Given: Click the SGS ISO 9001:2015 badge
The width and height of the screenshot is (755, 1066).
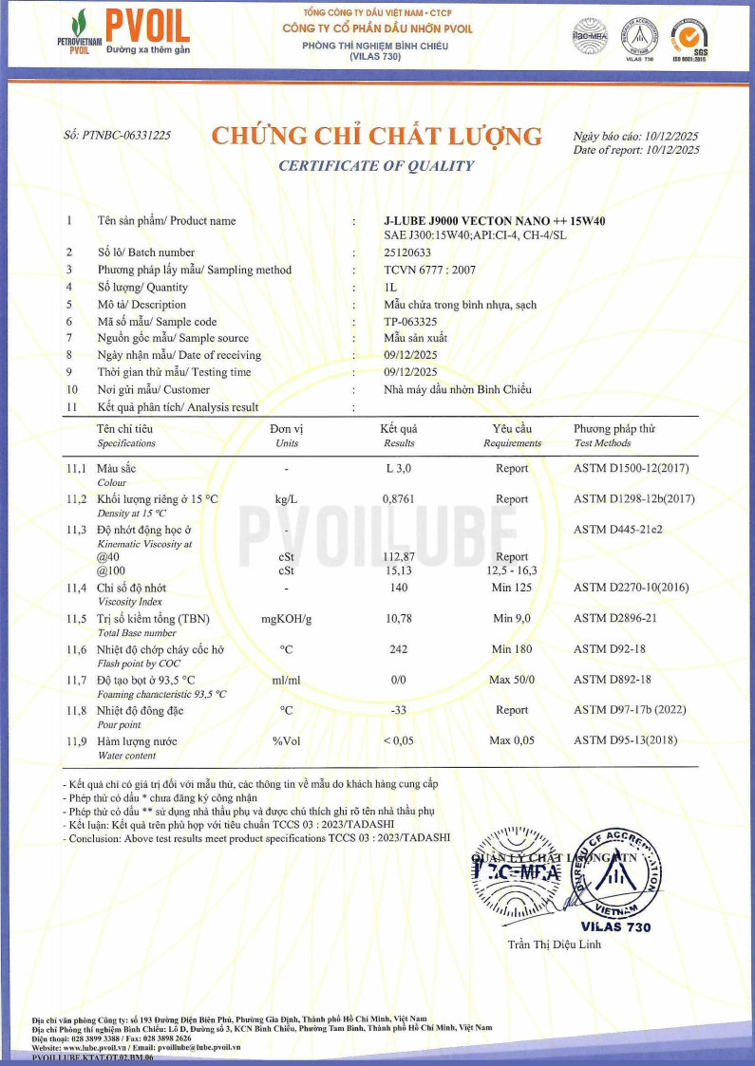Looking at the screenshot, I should (689, 38).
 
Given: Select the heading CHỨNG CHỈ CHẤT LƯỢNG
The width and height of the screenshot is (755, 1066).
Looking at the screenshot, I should (376, 137).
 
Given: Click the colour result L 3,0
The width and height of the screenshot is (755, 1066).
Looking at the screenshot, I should (399, 468).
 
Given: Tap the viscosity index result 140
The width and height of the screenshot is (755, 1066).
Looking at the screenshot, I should (399, 589).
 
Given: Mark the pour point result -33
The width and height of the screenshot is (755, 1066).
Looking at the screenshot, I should (399, 709).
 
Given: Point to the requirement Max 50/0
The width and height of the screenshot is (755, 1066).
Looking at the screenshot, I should (512, 680).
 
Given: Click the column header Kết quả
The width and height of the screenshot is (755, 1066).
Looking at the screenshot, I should (399, 429).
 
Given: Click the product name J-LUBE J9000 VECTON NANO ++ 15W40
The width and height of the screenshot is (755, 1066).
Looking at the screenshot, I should (494, 221).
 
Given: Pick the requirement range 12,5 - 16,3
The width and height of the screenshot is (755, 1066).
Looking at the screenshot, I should (512, 570).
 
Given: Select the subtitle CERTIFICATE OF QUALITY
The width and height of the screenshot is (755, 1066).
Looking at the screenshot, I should (376, 166).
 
